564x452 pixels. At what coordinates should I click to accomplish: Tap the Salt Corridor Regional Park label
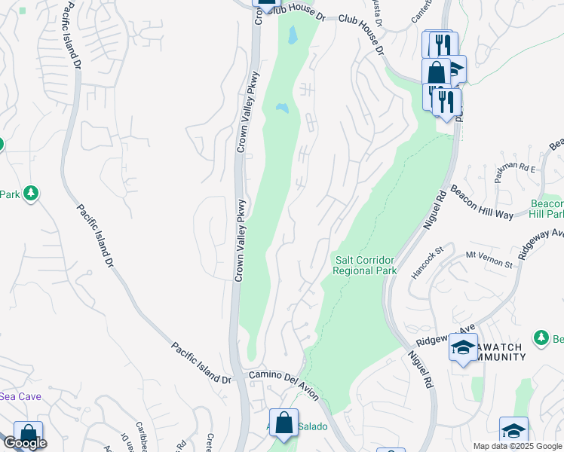366,265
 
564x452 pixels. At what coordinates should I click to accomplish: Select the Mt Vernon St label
489,259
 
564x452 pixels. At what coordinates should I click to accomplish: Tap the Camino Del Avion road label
284,384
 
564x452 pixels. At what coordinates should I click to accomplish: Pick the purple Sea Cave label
20,396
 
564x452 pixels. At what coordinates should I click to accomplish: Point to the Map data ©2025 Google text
517,446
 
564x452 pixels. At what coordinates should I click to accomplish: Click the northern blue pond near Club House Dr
292,34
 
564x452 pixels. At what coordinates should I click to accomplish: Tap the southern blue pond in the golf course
282,109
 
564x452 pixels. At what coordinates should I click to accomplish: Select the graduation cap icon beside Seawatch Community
463,347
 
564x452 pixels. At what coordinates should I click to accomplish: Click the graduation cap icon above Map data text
513,431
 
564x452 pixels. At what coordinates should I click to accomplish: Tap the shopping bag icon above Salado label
284,423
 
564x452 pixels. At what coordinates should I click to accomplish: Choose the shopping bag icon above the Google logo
28,434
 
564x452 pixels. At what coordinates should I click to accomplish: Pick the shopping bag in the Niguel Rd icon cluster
437,73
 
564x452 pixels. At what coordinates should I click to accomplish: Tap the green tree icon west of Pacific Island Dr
31,194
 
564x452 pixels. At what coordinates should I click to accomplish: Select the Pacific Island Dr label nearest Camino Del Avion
201,363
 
